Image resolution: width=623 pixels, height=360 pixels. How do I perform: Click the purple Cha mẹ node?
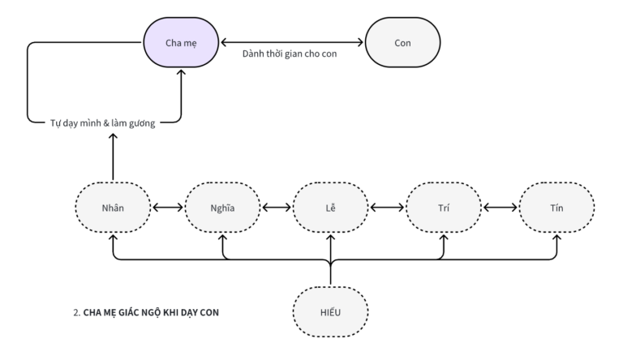pos(181,42)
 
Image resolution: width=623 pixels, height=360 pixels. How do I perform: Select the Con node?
pos(402,42)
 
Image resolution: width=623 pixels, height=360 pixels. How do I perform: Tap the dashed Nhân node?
pos(113,208)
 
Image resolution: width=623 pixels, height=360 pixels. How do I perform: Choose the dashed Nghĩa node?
pos(222,208)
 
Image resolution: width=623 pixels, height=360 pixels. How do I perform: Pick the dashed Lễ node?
pos(331,208)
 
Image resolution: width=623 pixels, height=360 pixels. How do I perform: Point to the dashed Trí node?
pos(444,208)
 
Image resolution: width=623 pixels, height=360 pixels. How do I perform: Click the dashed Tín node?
pos(556,208)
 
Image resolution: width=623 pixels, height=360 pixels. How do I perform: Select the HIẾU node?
pos(331,312)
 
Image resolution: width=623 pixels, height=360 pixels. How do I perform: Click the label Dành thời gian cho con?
pos(290,54)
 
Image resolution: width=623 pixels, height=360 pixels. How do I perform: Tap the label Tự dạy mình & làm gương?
pos(102,123)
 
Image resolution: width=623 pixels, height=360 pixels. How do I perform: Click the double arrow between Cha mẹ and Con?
pos(292,42)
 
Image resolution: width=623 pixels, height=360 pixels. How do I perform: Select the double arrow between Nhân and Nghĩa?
pos(168,208)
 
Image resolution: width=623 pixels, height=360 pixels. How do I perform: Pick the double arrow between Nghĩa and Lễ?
pos(277,208)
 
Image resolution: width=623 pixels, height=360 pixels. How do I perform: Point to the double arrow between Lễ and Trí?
pos(387,208)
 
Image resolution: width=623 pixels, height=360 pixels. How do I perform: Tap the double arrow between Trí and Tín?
pos(501,208)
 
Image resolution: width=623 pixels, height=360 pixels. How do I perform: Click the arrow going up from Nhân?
pos(113,156)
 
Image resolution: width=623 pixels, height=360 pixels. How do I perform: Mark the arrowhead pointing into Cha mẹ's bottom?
pos(181,72)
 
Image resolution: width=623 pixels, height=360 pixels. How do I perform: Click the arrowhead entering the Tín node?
pos(556,238)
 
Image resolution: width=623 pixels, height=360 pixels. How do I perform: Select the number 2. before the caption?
pos(77,312)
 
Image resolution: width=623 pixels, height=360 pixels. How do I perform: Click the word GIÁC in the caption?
pos(130,312)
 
